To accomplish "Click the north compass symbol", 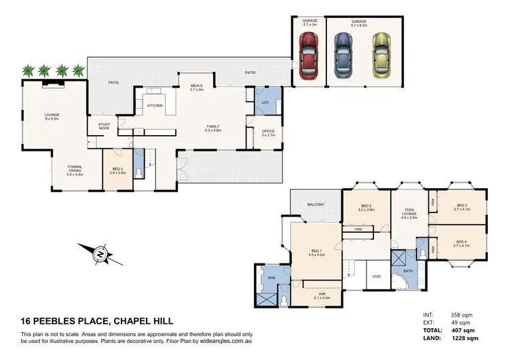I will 100,255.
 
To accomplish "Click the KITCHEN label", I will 155,105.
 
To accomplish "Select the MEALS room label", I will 196,86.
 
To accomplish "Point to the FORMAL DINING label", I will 75,171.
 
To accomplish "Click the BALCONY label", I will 314,204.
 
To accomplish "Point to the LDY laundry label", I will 265,102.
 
